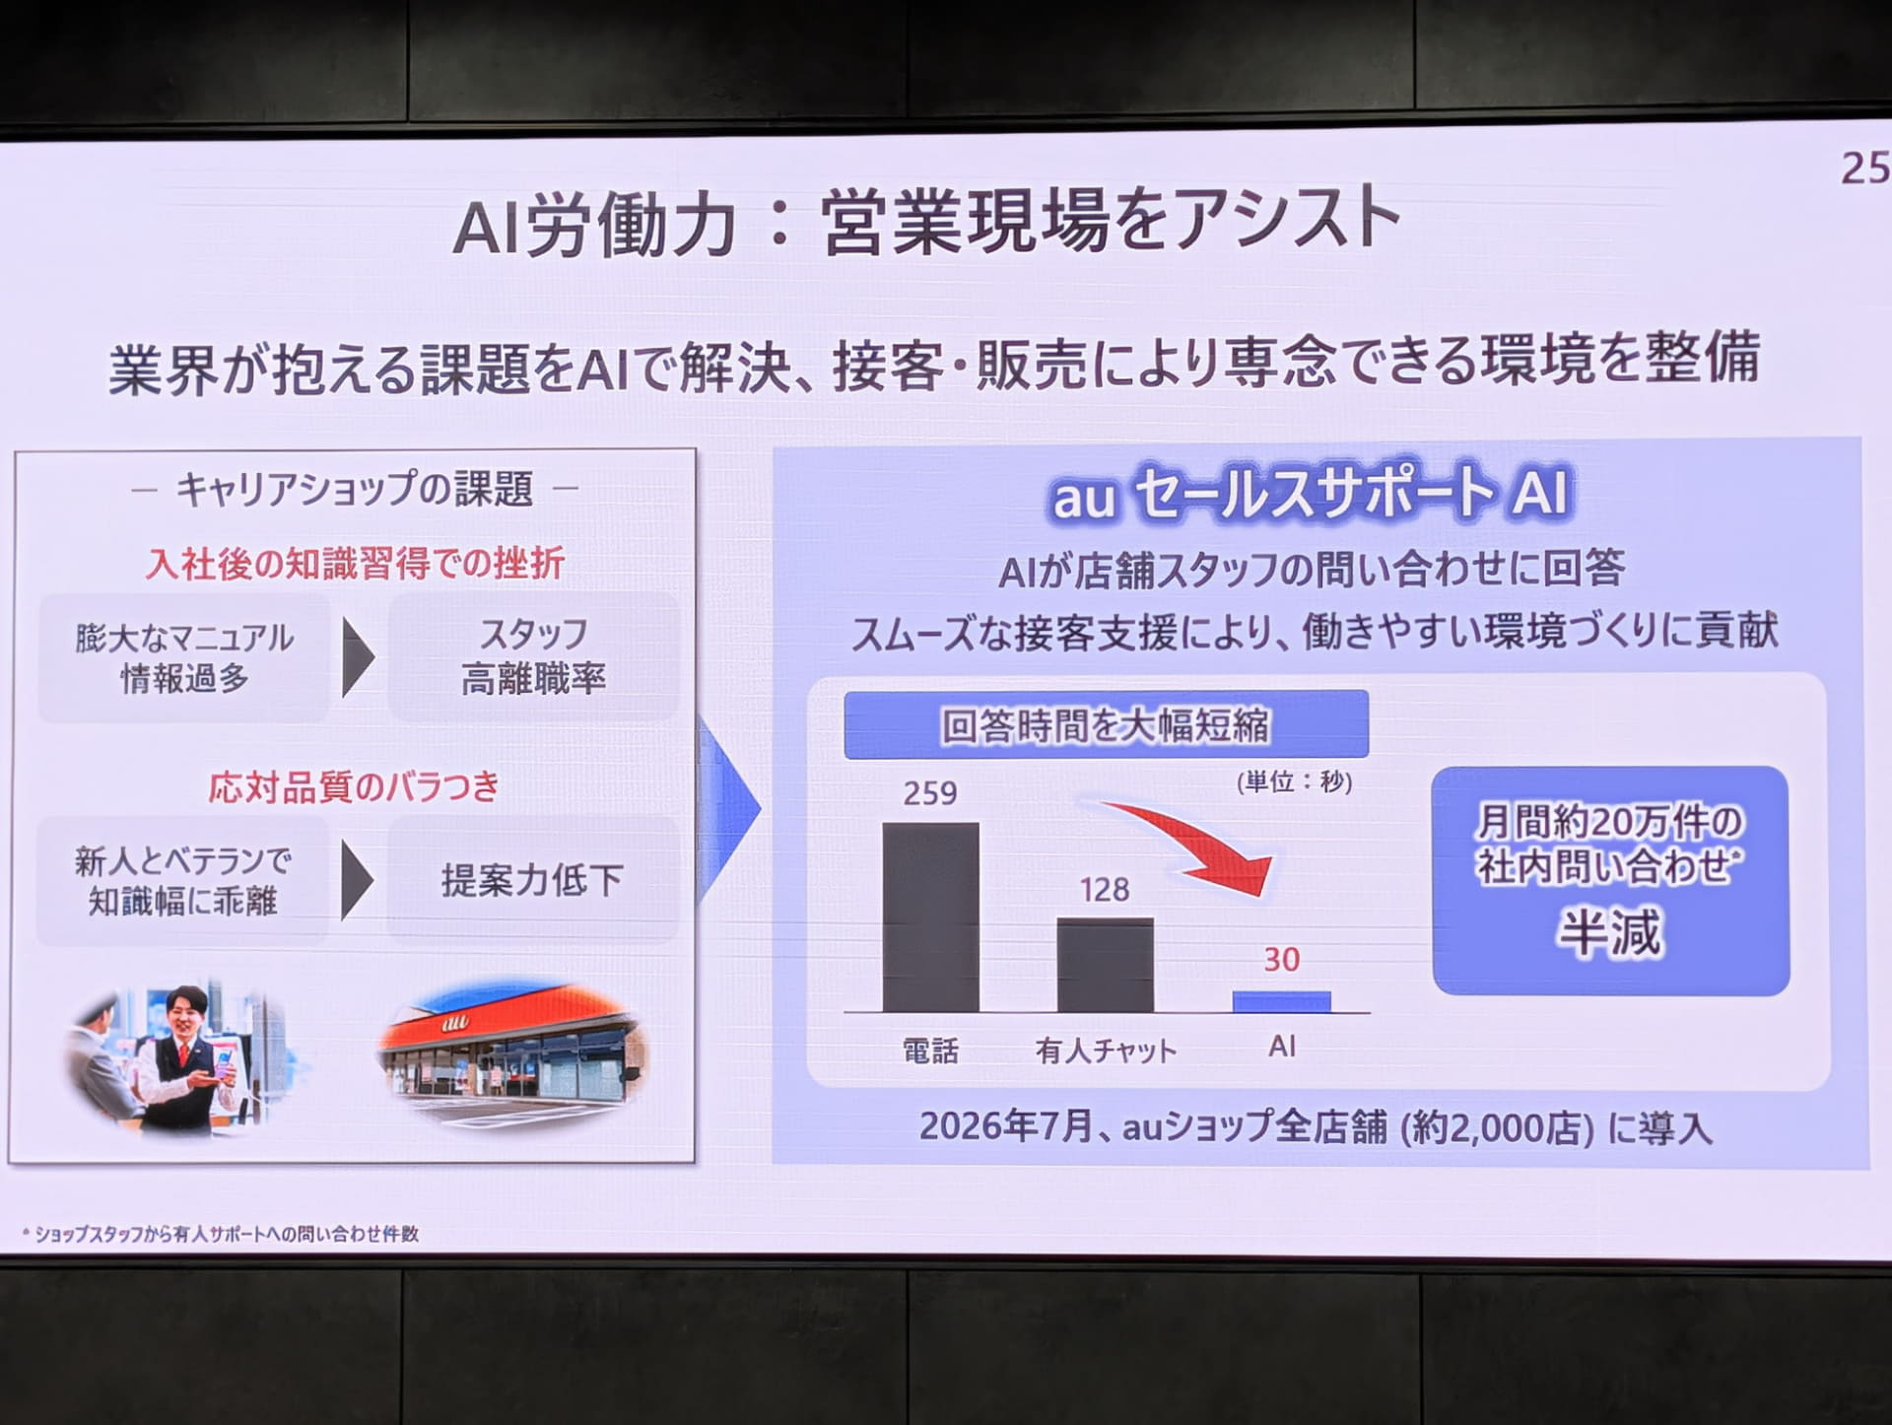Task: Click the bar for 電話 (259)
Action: [930, 916]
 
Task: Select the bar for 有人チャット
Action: [1105, 965]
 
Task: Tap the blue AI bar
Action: [1281, 1001]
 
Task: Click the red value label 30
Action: [1281, 959]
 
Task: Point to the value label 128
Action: [1104, 890]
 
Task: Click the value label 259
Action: [930, 793]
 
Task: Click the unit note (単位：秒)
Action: [1294, 781]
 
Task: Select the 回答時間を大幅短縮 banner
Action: [1106, 725]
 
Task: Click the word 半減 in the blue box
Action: [1609, 932]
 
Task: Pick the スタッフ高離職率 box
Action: [533, 656]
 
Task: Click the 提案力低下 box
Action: [532, 880]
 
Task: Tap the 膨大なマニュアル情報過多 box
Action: [184, 657]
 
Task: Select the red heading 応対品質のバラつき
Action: [354, 787]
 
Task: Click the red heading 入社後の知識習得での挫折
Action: [355, 564]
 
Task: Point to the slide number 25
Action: [1865, 168]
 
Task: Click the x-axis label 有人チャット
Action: [1106, 1052]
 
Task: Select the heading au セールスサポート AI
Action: [1311, 493]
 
